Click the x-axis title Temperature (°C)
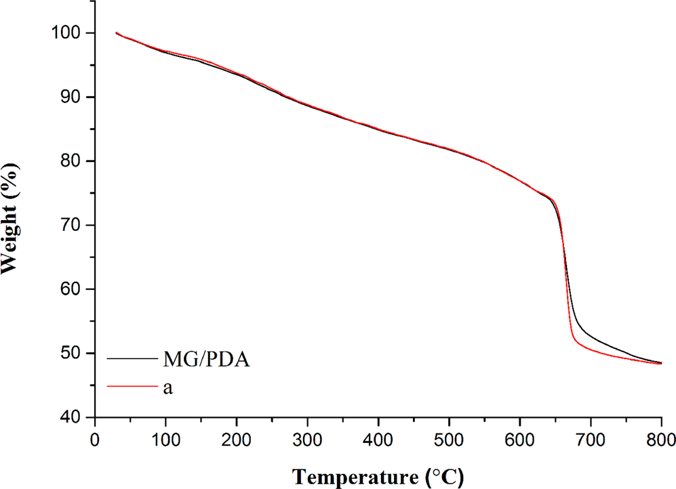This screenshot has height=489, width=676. [378, 474]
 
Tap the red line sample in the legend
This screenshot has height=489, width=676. [129, 387]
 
